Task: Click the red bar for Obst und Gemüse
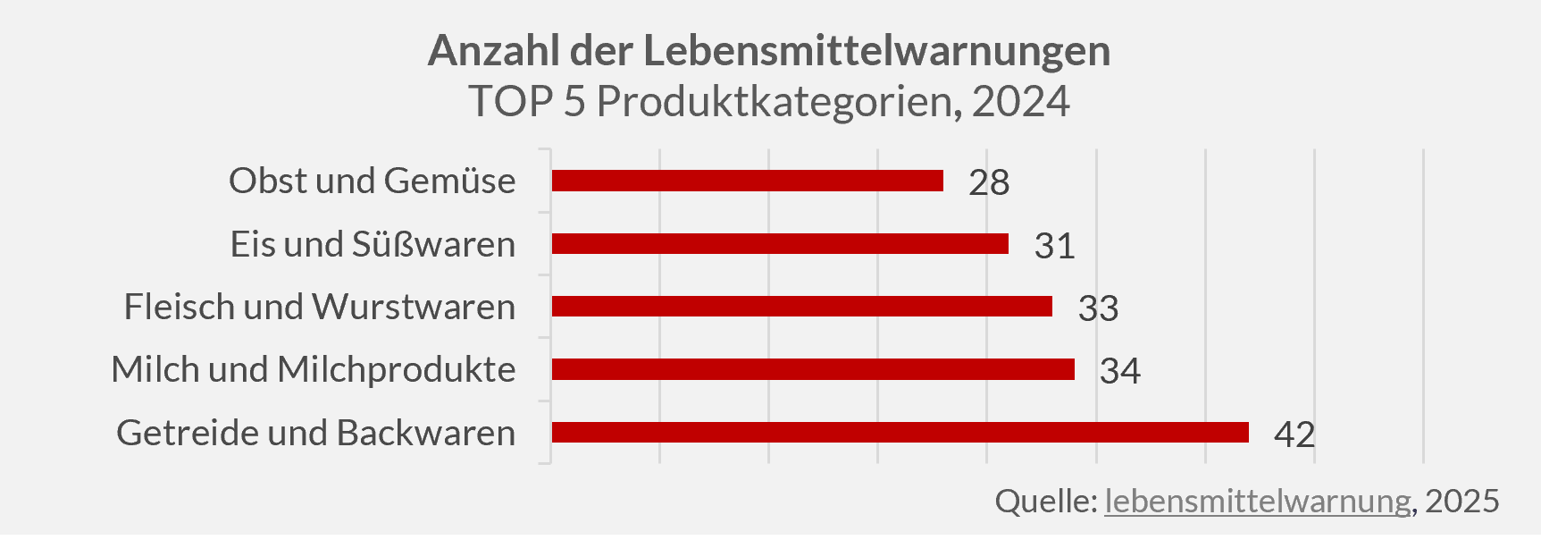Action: point(747,181)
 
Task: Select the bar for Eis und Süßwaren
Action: point(780,244)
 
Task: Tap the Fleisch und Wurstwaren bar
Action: point(801,307)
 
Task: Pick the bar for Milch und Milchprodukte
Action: point(813,369)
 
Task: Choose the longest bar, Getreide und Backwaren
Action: point(900,433)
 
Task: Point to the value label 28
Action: point(989,182)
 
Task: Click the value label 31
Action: point(1054,246)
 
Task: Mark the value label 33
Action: point(1098,308)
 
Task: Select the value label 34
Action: point(1119,371)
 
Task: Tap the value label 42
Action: point(1294,435)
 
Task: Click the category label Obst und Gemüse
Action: point(372,181)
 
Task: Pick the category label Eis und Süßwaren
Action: point(373,244)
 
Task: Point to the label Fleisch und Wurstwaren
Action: point(319,307)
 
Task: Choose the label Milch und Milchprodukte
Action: point(313,369)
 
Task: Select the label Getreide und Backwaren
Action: point(315,433)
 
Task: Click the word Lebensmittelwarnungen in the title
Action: point(876,51)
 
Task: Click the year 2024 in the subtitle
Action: point(1020,102)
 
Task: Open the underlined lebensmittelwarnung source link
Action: point(1257,501)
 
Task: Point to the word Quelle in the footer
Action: point(1044,501)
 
